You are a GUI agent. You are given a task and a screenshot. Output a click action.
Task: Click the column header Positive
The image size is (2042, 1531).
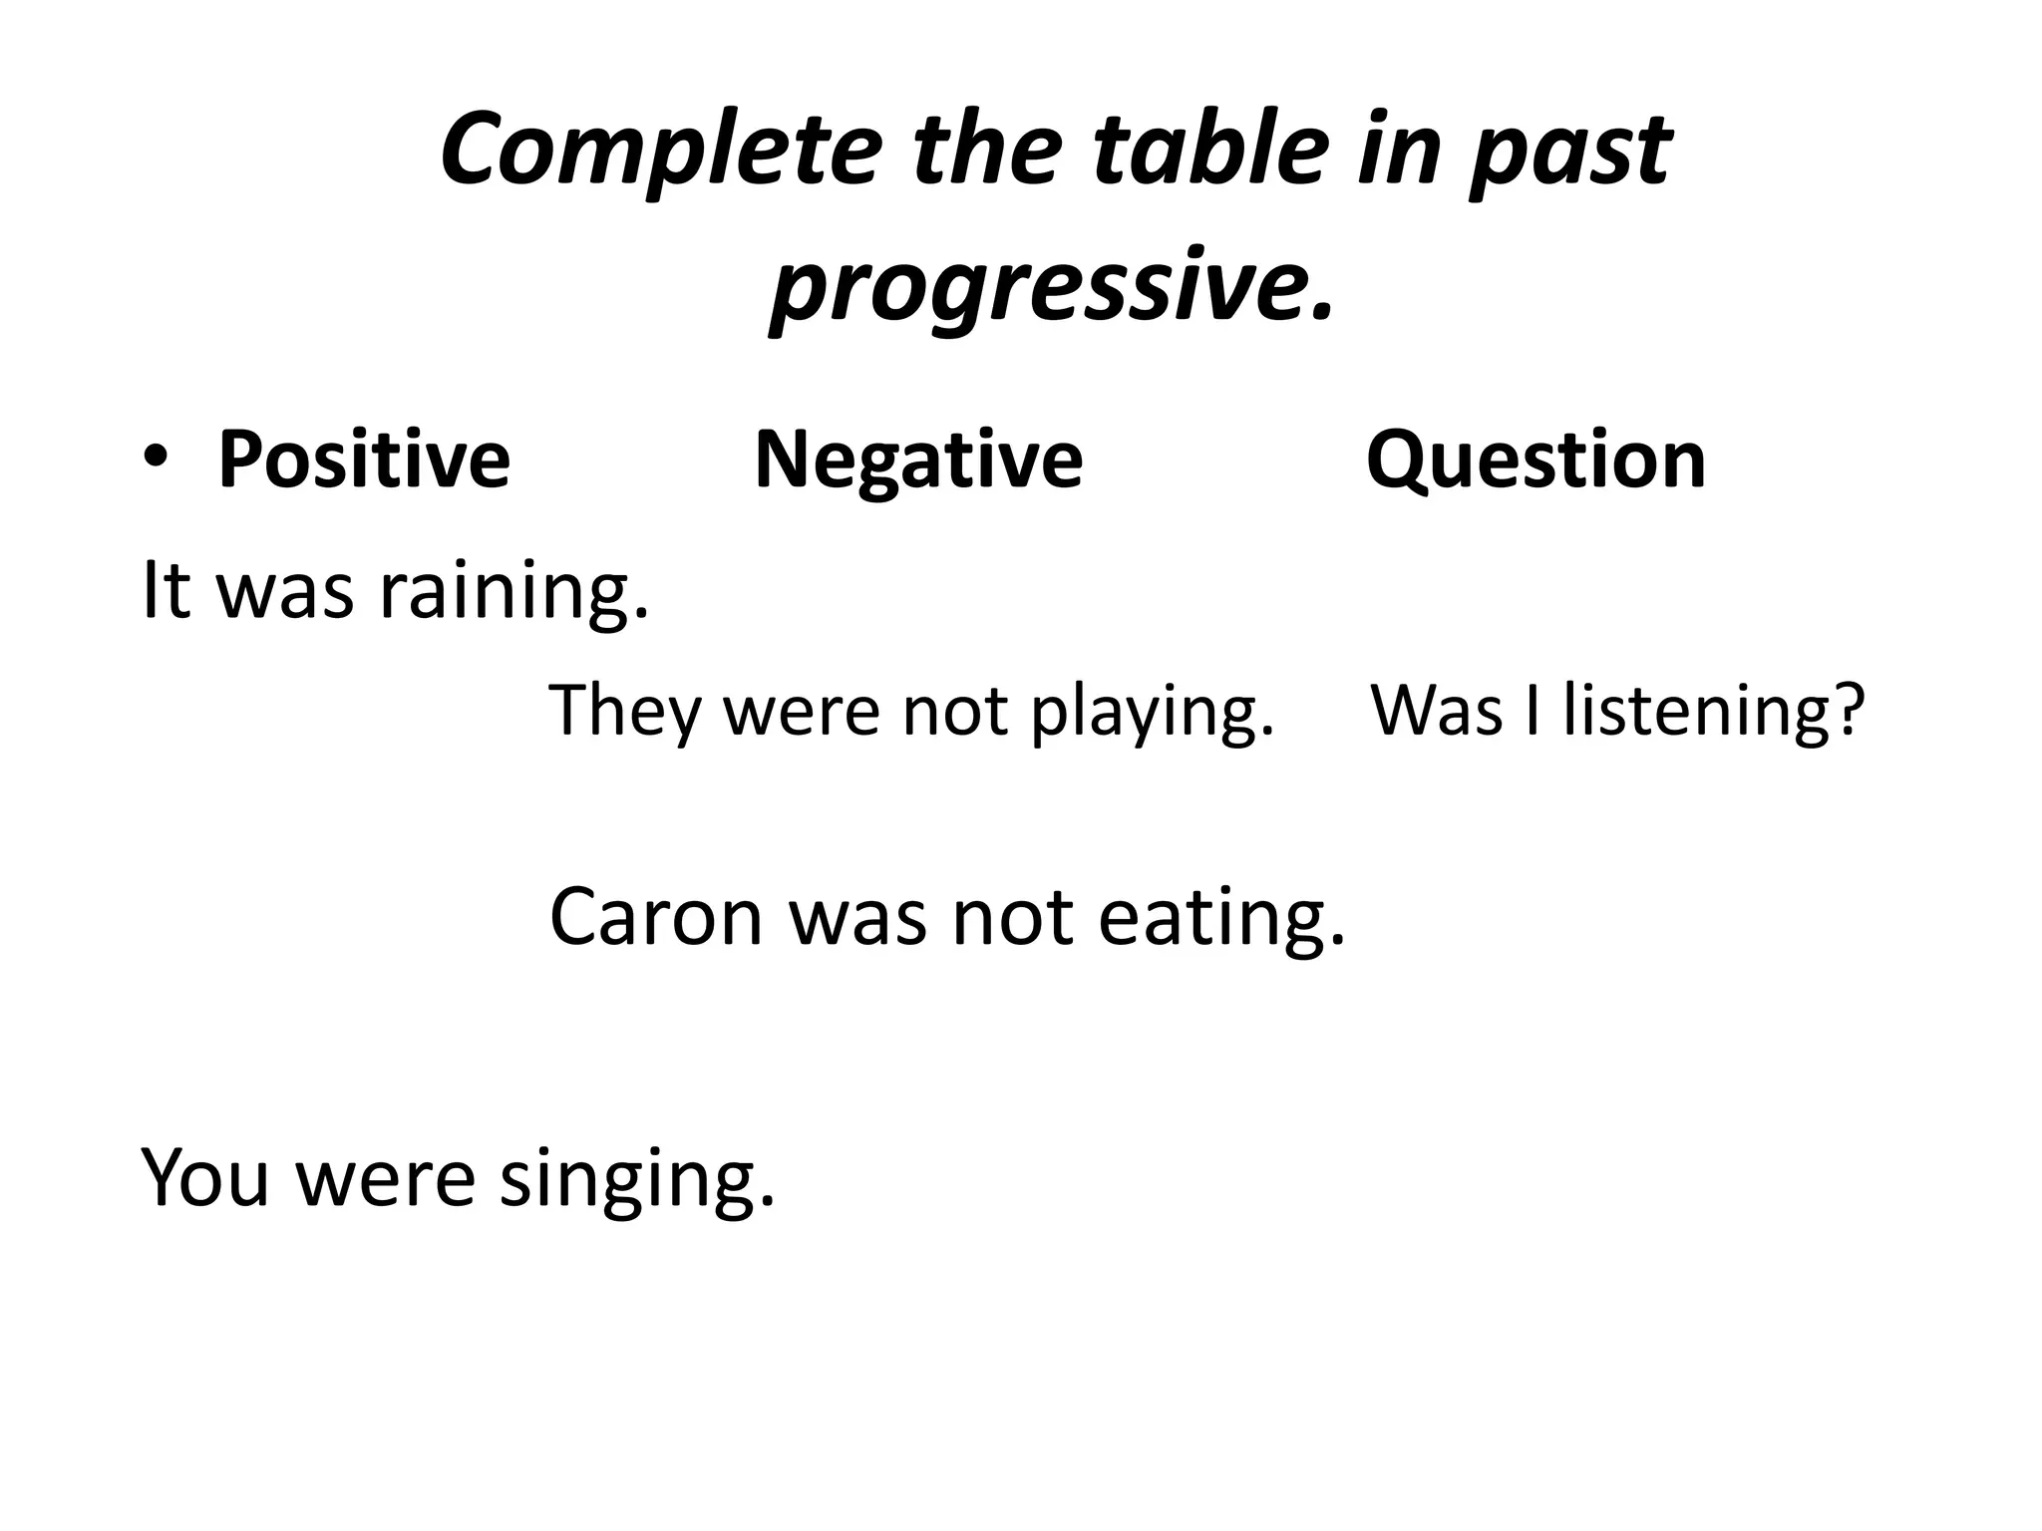363,459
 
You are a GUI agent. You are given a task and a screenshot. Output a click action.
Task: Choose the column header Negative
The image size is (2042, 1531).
918,459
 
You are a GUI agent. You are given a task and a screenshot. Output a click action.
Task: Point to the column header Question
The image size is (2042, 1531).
1535,459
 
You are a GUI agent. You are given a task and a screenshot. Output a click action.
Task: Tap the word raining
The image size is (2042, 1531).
514,591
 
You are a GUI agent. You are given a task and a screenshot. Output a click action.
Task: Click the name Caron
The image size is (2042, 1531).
655,917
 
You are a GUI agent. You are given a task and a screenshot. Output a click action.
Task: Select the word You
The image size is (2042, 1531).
206,1177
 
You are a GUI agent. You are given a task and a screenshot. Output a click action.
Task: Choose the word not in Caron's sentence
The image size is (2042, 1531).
1012,917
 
